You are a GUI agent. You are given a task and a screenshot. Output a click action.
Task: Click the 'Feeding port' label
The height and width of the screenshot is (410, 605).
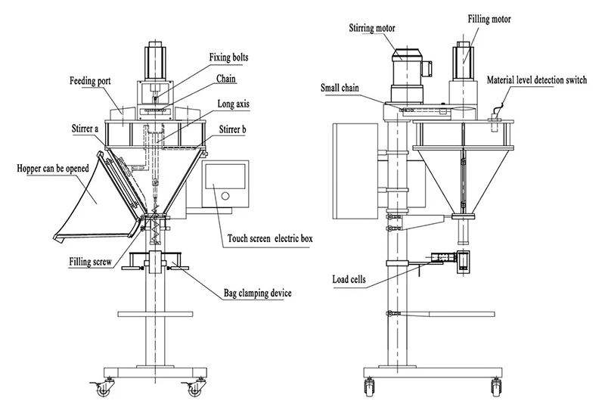(91, 79)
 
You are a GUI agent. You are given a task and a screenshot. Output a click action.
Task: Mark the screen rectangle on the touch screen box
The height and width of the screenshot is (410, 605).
(225, 177)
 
